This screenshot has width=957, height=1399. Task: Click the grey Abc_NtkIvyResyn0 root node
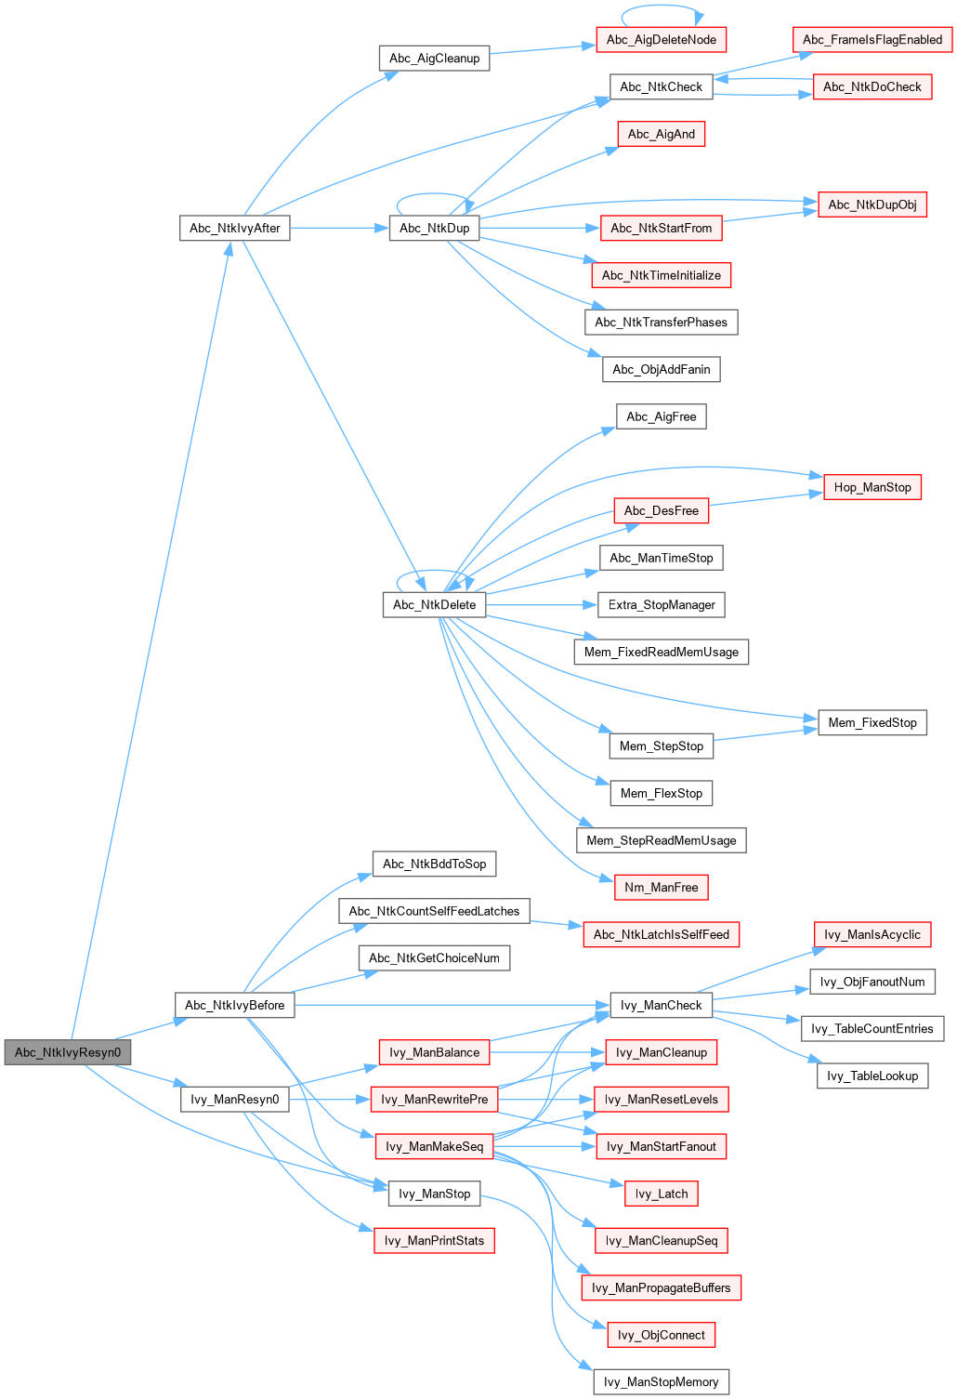68,1052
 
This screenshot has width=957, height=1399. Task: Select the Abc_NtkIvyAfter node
234,228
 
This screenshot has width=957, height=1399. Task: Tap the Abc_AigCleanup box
434,58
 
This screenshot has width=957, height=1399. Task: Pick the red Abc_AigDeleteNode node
661,40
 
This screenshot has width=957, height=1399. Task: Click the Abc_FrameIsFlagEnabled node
872,39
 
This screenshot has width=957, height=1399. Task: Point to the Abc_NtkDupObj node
872,205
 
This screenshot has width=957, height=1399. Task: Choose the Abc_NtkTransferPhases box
661,323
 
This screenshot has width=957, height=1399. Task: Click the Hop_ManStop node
872,487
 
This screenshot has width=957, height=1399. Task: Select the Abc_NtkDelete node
434,605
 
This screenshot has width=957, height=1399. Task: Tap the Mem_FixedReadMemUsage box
661,652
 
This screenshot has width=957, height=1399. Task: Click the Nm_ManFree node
661,888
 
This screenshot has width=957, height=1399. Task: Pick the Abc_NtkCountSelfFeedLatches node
434,911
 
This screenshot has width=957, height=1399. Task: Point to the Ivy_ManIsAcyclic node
872,934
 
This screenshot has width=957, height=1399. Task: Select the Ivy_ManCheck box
661,1005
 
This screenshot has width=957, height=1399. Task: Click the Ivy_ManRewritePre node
434,1099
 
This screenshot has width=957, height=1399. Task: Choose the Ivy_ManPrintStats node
434,1240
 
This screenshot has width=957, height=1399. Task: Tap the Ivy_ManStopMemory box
661,1382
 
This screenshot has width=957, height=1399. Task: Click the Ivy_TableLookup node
872,1076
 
